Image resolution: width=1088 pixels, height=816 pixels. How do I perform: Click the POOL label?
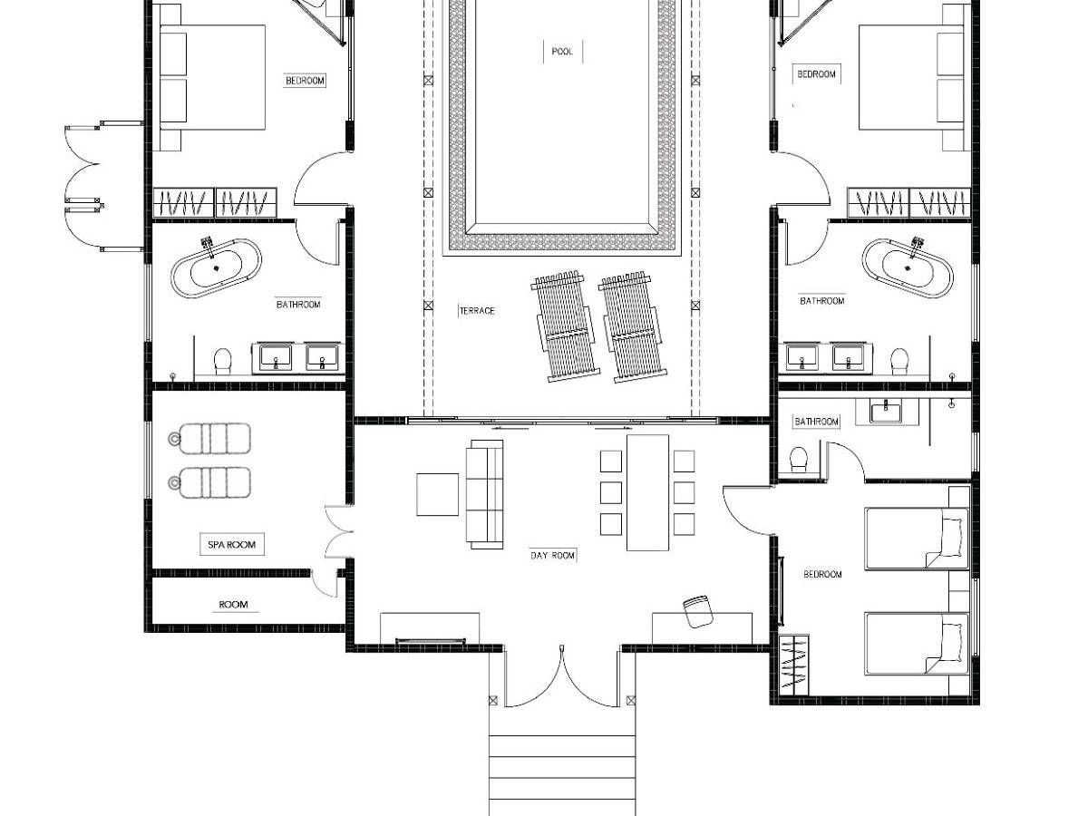562,52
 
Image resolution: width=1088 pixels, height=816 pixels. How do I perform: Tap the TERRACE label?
477,311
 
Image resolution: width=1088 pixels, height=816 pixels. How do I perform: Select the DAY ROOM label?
552,556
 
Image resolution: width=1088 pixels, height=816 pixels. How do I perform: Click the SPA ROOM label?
231,545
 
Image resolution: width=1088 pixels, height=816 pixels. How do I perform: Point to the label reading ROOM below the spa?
233,605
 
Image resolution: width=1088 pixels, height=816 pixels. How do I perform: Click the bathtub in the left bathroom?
216,268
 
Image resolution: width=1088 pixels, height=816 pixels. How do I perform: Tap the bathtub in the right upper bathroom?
907,268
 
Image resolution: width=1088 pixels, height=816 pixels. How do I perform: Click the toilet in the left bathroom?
222,361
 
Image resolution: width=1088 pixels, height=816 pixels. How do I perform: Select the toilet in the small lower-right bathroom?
799,460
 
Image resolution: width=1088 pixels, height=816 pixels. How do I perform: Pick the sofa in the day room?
484,494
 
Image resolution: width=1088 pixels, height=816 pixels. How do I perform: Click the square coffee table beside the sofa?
437,494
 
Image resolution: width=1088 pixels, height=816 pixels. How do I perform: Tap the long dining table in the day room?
647,492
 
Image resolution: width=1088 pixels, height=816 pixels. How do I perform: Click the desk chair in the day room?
698,611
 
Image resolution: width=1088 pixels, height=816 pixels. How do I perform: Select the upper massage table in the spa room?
209,439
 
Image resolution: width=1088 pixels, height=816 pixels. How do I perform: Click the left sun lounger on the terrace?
566,326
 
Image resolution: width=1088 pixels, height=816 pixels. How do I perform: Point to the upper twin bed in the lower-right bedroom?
917,538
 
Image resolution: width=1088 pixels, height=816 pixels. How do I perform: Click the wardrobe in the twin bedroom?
793,665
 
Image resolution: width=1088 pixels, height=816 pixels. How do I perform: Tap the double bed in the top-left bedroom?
213,78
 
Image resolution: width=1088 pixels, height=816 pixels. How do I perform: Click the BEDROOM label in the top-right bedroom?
816,74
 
